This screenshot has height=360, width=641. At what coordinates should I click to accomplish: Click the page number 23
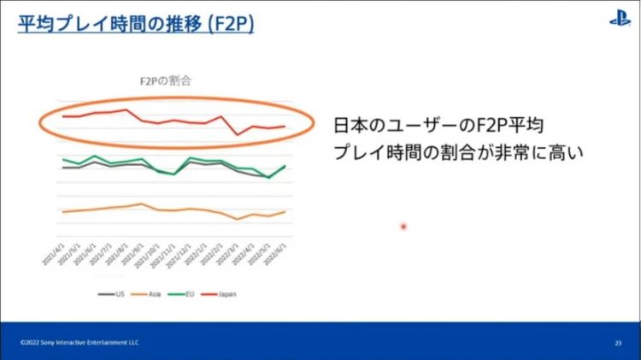tap(617, 342)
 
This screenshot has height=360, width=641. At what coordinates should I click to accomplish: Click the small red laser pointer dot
tap(403, 227)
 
